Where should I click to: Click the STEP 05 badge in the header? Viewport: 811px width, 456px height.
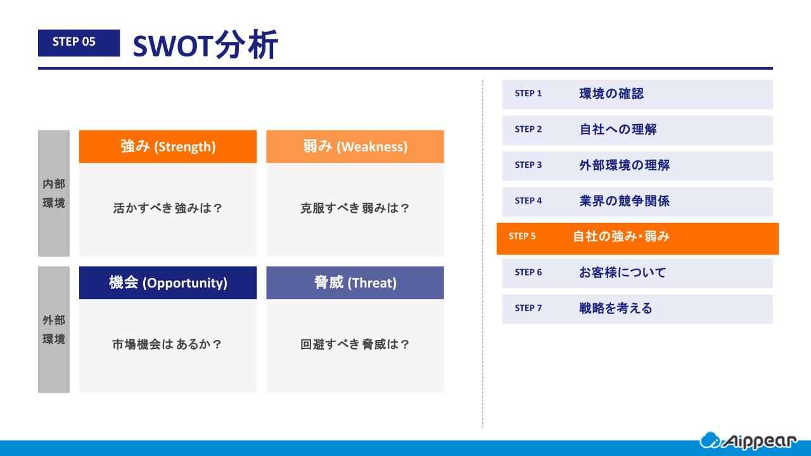pyautogui.click(x=79, y=42)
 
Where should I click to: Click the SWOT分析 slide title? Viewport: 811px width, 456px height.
pyautogui.click(x=205, y=44)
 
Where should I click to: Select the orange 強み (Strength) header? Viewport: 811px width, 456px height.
pyautogui.click(x=168, y=146)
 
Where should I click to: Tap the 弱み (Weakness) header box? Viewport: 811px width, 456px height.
pyautogui.click(x=355, y=146)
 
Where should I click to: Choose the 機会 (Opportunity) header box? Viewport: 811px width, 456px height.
pyautogui.click(x=168, y=282)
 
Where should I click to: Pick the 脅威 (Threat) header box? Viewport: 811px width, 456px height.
pyautogui.click(x=355, y=282)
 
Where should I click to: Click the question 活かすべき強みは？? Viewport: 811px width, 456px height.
pyautogui.click(x=168, y=208)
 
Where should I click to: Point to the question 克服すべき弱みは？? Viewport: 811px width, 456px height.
pyautogui.click(x=355, y=208)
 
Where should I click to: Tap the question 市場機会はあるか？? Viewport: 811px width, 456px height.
pyautogui.click(x=167, y=344)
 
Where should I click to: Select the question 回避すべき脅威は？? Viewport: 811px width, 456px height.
pyautogui.click(x=355, y=344)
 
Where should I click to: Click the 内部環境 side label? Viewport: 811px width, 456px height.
pyautogui.click(x=54, y=193)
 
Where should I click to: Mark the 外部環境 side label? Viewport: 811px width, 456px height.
pyautogui.click(x=54, y=330)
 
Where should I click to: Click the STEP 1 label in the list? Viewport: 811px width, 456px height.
pyautogui.click(x=528, y=93)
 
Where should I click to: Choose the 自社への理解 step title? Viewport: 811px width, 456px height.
pyautogui.click(x=618, y=129)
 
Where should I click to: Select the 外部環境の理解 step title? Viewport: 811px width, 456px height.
pyautogui.click(x=625, y=165)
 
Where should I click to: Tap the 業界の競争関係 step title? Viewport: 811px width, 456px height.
pyautogui.click(x=625, y=201)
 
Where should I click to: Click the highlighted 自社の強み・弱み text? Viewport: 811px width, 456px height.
pyautogui.click(x=622, y=236)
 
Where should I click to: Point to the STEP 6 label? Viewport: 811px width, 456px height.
pyautogui.click(x=528, y=272)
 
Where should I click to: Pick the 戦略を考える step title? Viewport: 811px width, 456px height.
pyautogui.click(x=616, y=308)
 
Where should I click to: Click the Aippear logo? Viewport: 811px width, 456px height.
pyautogui.click(x=748, y=441)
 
